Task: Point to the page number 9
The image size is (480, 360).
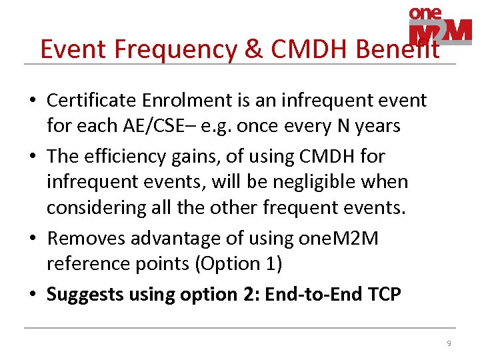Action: [449, 343]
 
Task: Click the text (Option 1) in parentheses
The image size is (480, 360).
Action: [238, 263]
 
